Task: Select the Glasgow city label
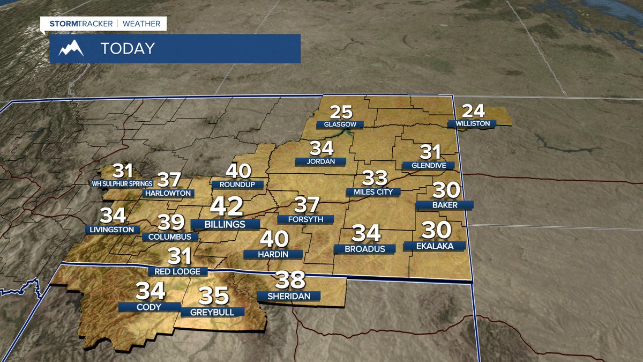[340, 124]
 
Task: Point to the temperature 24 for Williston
[473, 111]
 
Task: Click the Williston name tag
[472, 124]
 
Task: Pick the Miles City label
[373, 192]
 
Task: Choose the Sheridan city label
[288, 296]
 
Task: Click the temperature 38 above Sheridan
[290, 280]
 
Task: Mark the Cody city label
[149, 307]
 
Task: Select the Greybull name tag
[212, 312]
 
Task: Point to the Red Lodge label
[177, 271]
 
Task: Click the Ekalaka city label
[435, 246]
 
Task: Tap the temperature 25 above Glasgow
[341, 112]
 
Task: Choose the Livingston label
[112, 230]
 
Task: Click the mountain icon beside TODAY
[71, 49]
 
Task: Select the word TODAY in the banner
[128, 49]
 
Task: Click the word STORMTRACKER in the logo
[81, 24]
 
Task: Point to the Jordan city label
[320, 161]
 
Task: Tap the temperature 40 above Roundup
[238, 171]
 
